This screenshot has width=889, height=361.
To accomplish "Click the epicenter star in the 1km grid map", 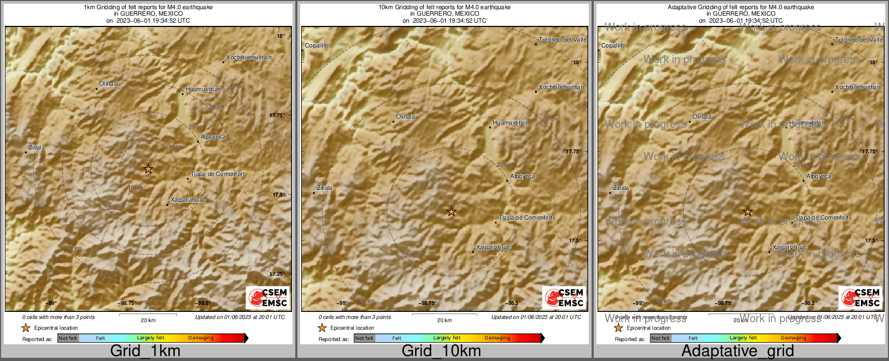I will tap(148, 169).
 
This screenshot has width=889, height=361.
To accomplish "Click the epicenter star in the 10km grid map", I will tap(451, 212).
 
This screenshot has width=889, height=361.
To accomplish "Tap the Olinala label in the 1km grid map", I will tap(108, 84).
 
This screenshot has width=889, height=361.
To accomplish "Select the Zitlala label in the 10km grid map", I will tap(324, 188).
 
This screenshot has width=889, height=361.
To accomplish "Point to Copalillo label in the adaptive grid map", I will tap(613, 45).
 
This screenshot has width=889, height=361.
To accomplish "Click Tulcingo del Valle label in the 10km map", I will tap(562, 39).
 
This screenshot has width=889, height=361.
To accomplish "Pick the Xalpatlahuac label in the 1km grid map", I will tap(188, 200).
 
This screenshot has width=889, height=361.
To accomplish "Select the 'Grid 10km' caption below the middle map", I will tap(441, 351).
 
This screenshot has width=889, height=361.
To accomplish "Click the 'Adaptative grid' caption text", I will tap(737, 351).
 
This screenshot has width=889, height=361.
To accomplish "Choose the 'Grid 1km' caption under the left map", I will tap(145, 351).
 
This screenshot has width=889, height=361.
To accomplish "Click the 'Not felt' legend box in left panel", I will tap(68, 338).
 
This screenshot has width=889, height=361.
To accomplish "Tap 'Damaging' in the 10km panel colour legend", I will tap(497, 338).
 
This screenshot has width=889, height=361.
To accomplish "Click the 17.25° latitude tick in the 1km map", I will tap(277, 274).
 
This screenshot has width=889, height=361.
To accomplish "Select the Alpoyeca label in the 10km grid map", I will tap(522, 176).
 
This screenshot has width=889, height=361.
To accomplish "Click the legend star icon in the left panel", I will tap(25, 328).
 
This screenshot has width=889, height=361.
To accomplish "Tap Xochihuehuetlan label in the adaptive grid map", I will tap(857, 87).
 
